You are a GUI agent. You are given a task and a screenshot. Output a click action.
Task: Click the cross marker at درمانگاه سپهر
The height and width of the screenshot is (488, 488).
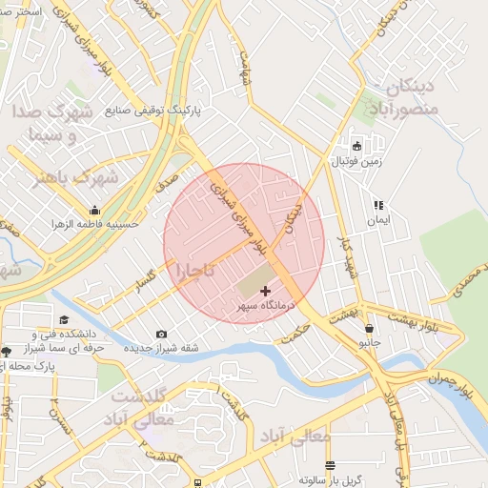coord(265,289)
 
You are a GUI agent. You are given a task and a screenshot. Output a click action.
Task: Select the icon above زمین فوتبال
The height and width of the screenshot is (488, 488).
coord(357,146)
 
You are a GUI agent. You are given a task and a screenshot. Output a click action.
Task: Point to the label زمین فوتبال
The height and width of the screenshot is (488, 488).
coord(356,162)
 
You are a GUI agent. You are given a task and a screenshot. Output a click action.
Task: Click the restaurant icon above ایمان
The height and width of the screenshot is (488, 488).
coord(378,204)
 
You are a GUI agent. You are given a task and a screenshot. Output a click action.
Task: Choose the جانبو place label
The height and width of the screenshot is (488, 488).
coord(369,339)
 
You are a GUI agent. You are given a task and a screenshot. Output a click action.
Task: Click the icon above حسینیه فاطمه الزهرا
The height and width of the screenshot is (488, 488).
coord(94,210)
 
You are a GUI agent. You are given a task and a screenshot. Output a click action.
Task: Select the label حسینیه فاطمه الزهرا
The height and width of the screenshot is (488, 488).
coord(95,224)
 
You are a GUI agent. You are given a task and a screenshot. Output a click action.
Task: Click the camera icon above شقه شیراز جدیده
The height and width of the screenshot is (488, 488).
coord(161,334)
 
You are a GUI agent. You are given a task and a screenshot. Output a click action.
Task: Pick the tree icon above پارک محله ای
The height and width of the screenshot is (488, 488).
coord(7,352)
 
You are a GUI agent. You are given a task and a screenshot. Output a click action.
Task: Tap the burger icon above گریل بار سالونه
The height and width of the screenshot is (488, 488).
coord(330,465)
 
